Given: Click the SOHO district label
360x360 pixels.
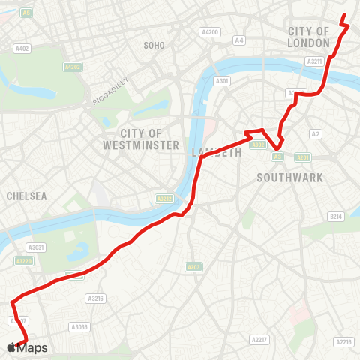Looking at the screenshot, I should click(154, 46).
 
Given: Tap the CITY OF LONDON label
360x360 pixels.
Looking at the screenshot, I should click(309, 37).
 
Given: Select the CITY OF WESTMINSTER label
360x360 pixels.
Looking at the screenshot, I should click(141, 139).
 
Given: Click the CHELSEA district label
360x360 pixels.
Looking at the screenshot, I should click(26, 196).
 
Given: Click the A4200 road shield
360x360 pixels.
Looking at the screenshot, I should click(209, 32).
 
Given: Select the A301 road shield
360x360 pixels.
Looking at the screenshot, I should click(221, 81).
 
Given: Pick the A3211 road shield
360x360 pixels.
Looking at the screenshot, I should click(316, 61).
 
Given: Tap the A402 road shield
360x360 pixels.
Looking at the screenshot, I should click(22, 49).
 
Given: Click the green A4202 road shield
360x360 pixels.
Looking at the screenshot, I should click(73, 67).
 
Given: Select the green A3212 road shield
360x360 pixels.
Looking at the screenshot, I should click(163, 199).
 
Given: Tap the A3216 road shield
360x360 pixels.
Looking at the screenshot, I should click(95, 298).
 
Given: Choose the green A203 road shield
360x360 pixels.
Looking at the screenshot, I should click(194, 266).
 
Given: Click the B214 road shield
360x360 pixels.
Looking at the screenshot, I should click(335, 217).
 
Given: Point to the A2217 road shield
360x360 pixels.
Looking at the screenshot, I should click(260, 340).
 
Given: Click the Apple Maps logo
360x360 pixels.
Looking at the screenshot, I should click(27, 347).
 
